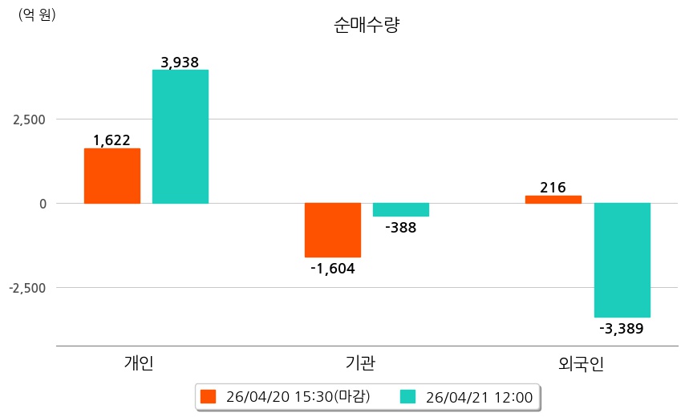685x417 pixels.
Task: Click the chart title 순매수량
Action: [366, 25]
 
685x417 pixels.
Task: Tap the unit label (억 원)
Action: [37, 14]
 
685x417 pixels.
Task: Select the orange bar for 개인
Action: [112, 176]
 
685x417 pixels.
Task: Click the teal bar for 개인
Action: [180, 136]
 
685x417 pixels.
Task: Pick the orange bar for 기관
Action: [333, 230]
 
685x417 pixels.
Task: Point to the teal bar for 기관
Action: [401, 210]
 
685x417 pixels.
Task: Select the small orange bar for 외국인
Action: [553, 199]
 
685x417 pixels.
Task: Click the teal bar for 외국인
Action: [622, 260]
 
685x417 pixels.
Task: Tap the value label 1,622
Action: [111, 140]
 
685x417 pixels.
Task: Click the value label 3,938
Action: [180, 62]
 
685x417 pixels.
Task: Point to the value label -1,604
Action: [333, 269]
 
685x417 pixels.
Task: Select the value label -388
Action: [401, 228]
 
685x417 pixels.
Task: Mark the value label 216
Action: [553, 188]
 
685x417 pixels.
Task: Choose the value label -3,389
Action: [622, 328]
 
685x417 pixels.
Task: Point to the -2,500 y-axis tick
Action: [27, 288]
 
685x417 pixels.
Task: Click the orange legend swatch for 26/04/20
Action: [209, 397]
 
